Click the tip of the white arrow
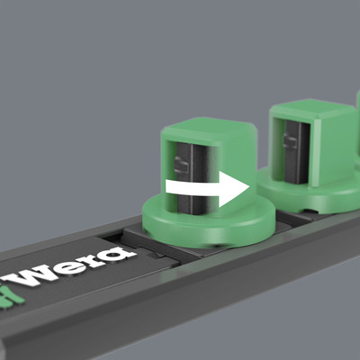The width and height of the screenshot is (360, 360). (x=247, y=189)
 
